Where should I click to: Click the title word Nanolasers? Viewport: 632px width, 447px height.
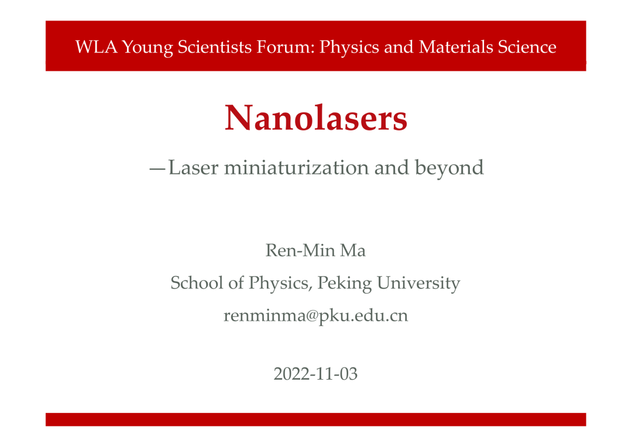tap(316, 118)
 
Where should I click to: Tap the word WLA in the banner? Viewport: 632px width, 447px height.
tap(96, 47)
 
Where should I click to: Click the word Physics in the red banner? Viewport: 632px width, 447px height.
tap(349, 47)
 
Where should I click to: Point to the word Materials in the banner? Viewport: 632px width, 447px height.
tap(456, 47)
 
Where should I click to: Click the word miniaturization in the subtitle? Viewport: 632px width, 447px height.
tap(296, 167)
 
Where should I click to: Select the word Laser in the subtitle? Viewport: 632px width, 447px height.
tap(193, 167)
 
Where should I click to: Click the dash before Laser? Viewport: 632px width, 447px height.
tap(157, 169)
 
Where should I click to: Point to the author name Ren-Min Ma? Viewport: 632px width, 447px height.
tap(315, 250)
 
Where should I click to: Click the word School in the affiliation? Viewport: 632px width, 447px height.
tap(197, 283)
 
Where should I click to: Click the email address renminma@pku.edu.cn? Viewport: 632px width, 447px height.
tap(315, 315)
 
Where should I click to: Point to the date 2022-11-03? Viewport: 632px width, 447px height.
tap(315, 374)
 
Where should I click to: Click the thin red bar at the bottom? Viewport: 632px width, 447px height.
tap(315, 419)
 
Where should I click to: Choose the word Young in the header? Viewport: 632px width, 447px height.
tap(147, 47)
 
